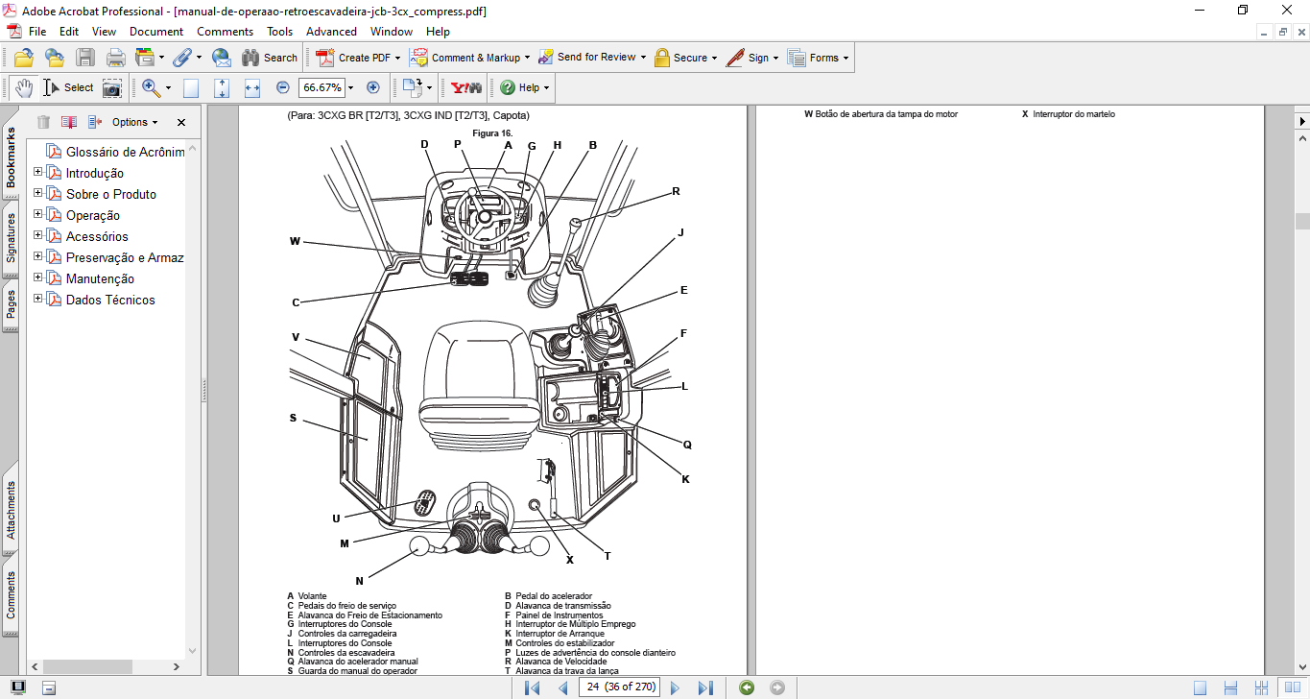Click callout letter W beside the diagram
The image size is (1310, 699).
pyautogui.click(x=295, y=241)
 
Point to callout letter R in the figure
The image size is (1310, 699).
pyautogui.click(x=676, y=191)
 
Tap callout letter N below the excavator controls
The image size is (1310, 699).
pyautogui.click(x=359, y=581)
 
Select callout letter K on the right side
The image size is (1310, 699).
pyautogui.click(x=686, y=479)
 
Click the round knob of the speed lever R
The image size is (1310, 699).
pyautogui.click(x=576, y=222)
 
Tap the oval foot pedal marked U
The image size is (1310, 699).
pyautogui.click(x=424, y=503)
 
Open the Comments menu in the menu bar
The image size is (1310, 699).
pyautogui.click(x=225, y=32)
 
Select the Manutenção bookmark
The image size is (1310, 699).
pyautogui.click(x=100, y=279)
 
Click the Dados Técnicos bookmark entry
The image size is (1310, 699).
pyautogui.click(x=110, y=301)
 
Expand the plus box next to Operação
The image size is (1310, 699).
pyautogui.click(x=38, y=214)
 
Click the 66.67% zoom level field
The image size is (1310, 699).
pyautogui.click(x=322, y=87)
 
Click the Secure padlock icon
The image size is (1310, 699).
pyautogui.click(x=662, y=58)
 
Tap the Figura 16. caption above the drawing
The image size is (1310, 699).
pyautogui.click(x=492, y=133)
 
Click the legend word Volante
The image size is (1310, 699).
pyautogui.click(x=312, y=596)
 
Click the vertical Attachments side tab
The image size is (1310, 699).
pyautogui.click(x=11, y=510)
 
